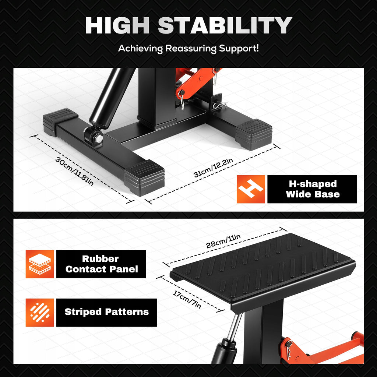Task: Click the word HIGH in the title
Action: [x=117, y=25]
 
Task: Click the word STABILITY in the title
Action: [x=225, y=25]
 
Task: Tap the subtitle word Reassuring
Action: [x=191, y=49]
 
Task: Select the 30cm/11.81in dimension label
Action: [x=74, y=171]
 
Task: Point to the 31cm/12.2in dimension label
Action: [x=213, y=168]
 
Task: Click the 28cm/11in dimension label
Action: [x=223, y=241]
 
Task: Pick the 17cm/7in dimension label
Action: [x=187, y=299]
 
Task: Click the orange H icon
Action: [x=251, y=189]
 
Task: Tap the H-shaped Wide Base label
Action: [x=312, y=189]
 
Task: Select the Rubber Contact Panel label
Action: [x=101, y=264]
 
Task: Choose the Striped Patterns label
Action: [x=106, y=312]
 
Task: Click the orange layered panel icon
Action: [x=40, y=264]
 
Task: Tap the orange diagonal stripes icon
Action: [x=40, y=313]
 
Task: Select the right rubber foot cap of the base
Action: [x=254, y=134]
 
